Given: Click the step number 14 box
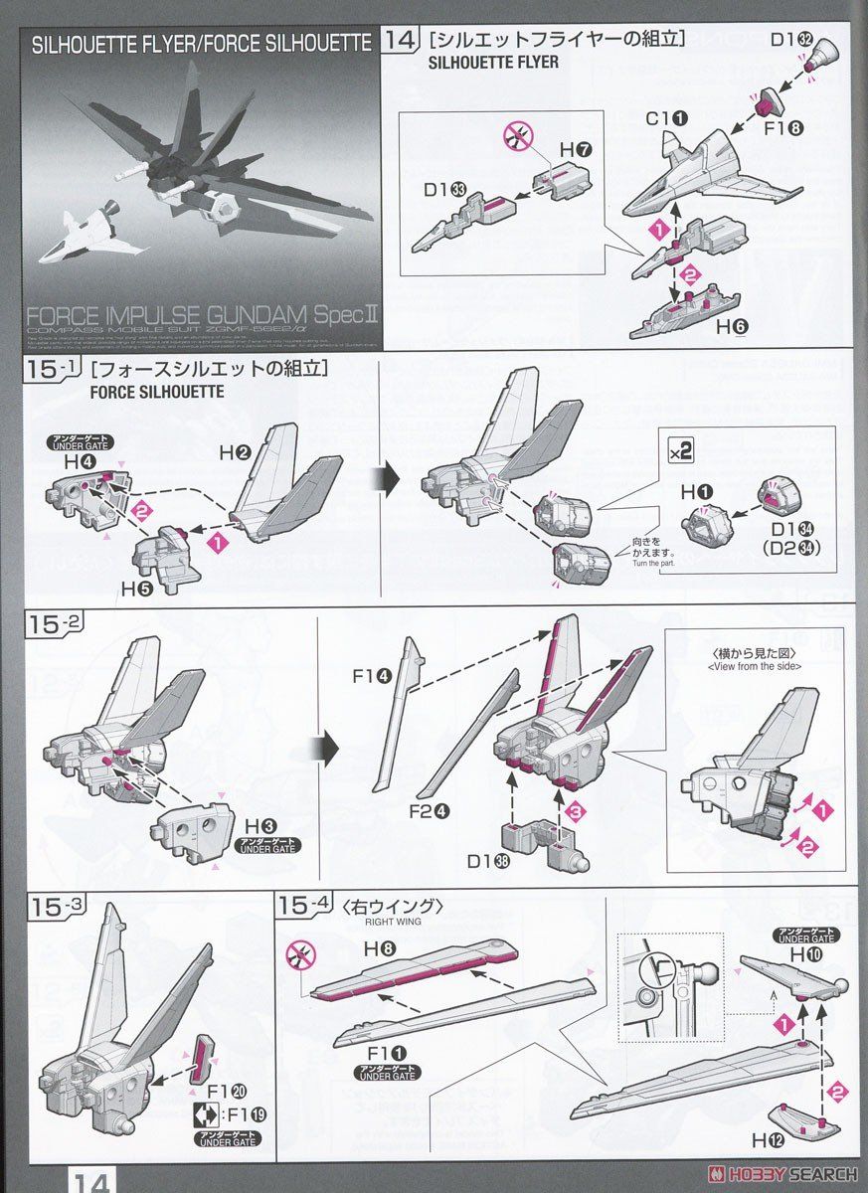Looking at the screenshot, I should [401, 41].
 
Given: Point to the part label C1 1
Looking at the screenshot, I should [666, 118].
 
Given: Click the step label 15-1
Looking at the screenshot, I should [52, 369].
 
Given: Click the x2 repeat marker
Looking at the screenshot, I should [681, 449].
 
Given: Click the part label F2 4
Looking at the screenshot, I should [430, 809].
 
